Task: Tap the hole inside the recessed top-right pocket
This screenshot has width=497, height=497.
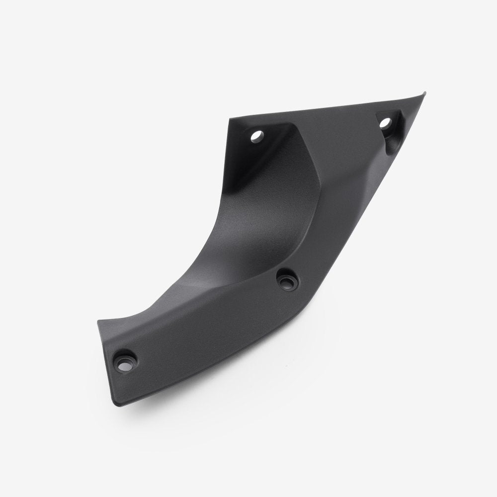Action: click(x=385, y=122)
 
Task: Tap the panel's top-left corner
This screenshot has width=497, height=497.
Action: click(x=230, y=118)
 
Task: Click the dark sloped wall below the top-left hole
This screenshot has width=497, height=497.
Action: click(x=258, y=164)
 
